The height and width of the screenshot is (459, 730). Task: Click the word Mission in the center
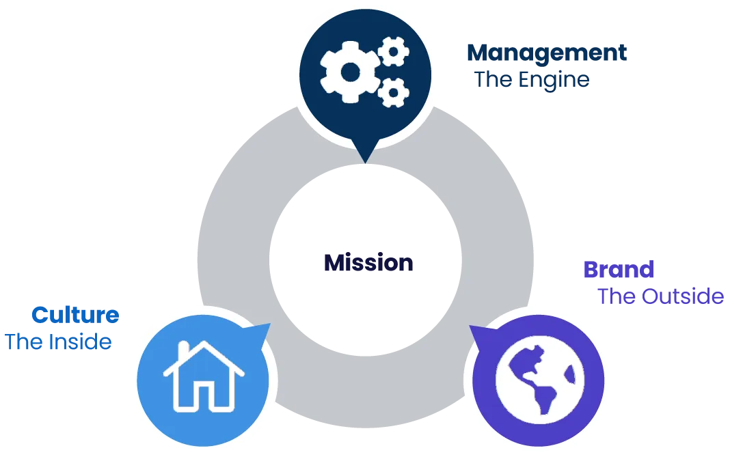click(368, 263)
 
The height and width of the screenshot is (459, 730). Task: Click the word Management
click(546, 54)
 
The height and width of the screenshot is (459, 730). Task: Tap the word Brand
click(618, 269)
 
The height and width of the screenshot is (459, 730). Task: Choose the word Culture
click(75, 315)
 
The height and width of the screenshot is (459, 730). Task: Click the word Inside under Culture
click(81, 342)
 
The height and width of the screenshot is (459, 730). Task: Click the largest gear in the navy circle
click(349, 71)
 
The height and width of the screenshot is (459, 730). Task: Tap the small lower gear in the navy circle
click(394, 92)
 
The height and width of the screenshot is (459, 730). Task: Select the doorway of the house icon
click(204, 396)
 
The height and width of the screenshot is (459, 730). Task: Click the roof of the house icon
click(204, 355)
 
